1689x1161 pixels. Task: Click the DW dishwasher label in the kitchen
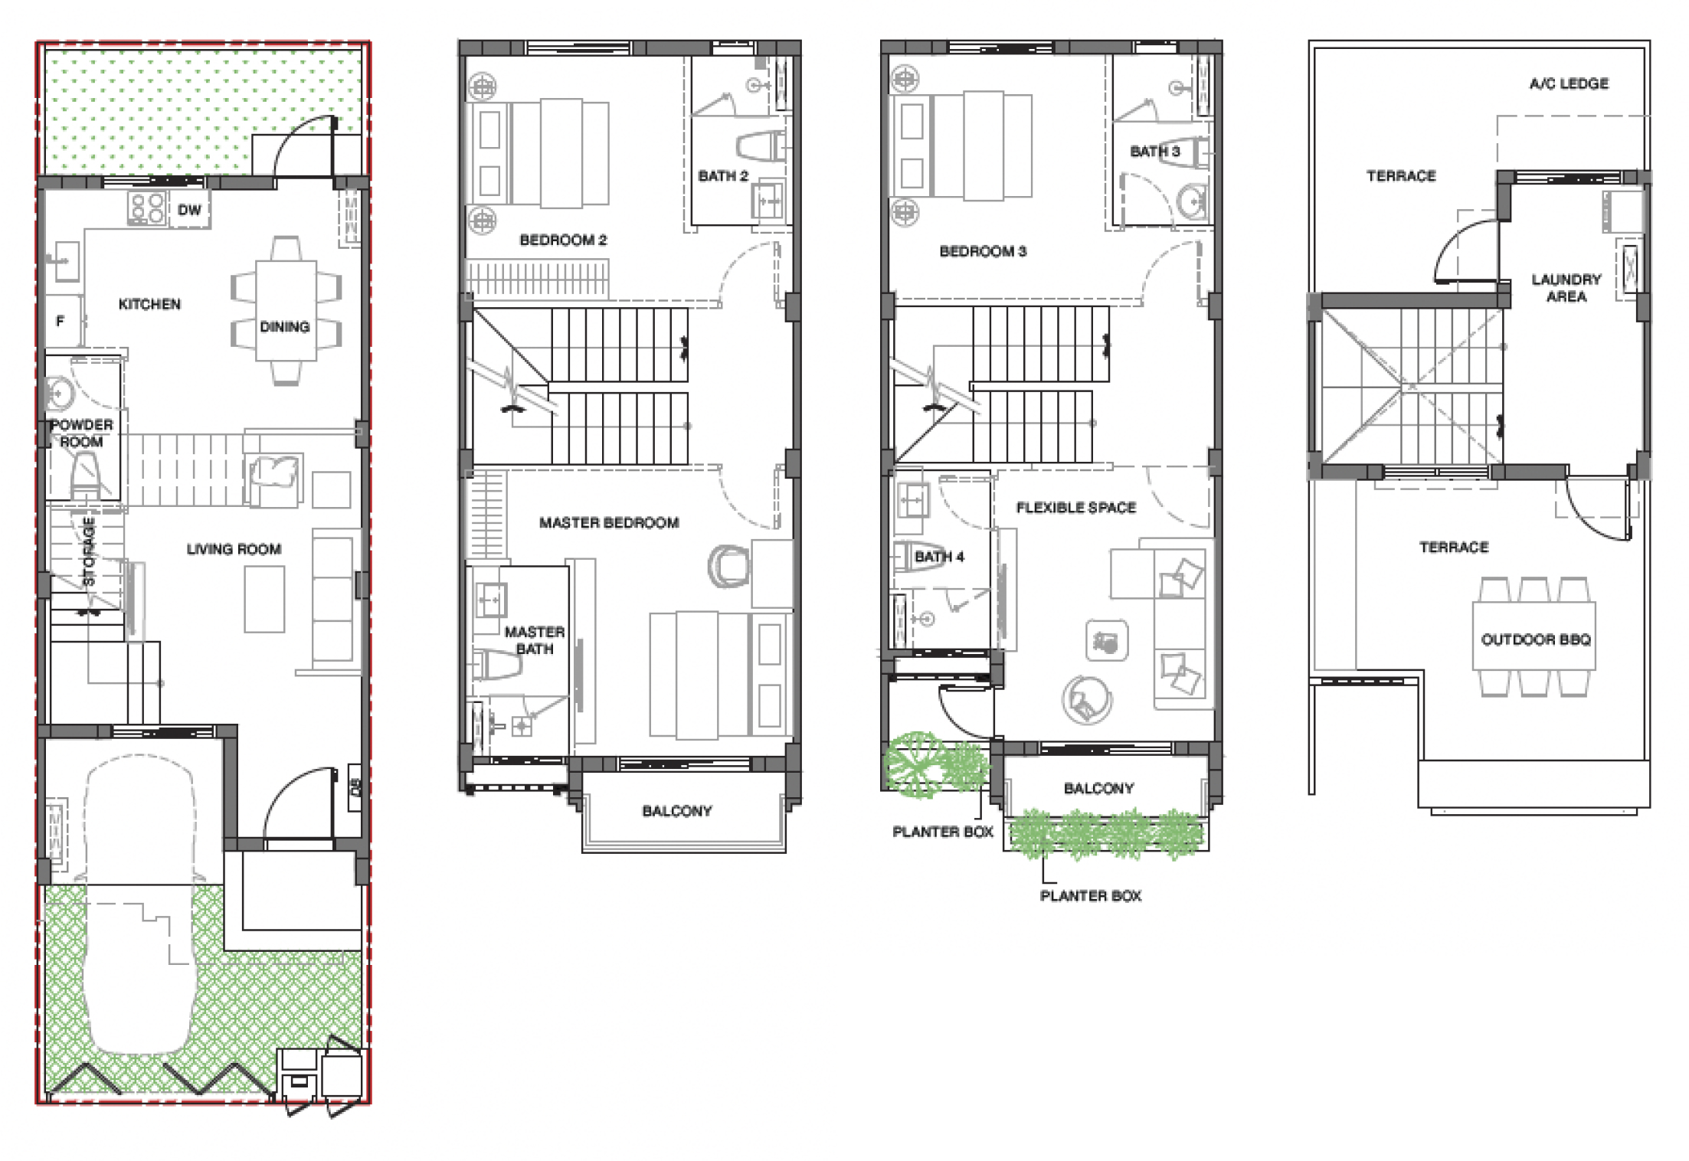coord(189,210)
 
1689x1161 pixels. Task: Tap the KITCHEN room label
coord(149,304)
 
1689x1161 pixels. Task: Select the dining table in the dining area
coord(286,310)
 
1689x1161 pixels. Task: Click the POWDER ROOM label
coord(81,433)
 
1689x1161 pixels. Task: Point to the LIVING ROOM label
coord(234,549)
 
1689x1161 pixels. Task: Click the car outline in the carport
coord(141,904)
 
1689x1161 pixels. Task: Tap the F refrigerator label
coord(61,321)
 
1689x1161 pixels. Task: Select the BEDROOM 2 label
coord(563,240)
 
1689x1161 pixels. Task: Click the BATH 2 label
coord(723,175)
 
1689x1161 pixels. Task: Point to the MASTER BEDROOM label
coord(609,522)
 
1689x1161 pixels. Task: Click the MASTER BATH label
coord(534,640)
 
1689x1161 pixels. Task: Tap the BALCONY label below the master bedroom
coord(677,810)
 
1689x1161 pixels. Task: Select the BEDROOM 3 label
coord(983,251)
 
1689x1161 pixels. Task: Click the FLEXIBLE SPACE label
coord(1076,507)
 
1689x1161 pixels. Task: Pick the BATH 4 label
coord(939,557)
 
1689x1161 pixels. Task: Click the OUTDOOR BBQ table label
coord(1536,639)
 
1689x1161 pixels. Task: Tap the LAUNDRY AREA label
coord(1566,288)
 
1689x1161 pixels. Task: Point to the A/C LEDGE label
coord(1569,83)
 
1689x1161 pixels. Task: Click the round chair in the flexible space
coord(1086,700)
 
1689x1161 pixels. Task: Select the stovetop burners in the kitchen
coord(147,208)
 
